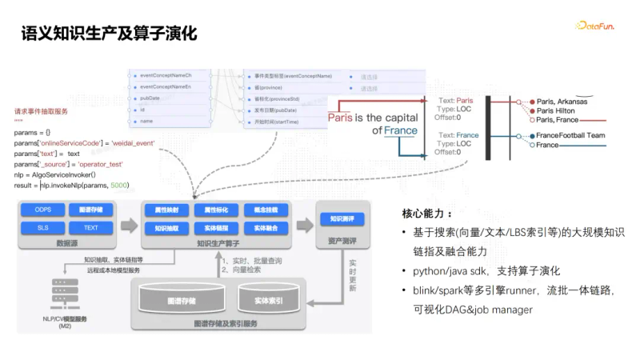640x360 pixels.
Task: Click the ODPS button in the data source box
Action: (43, 210)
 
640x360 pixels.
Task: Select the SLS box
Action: (43, 228)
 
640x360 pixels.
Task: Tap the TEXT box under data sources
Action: (90, 228)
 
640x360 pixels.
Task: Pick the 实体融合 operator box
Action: (266, 228)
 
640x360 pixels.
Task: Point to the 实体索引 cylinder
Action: (270, 302)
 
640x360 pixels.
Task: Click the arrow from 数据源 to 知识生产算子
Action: (128, 219)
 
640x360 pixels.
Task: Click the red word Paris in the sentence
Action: (340, 118)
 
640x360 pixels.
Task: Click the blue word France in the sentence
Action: (401, 130)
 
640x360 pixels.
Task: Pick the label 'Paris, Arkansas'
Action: (562, 102)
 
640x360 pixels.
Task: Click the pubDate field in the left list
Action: (150, 98)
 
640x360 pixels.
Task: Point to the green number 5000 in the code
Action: (119, 185)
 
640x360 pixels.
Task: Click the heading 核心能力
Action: (427, 214)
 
